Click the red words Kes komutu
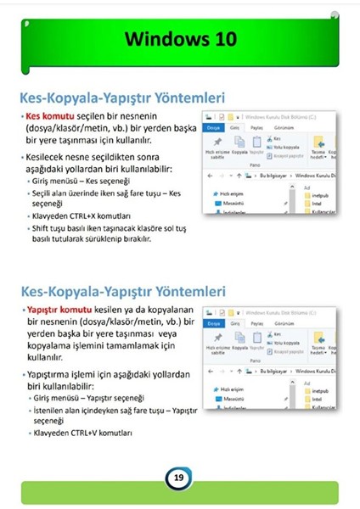coord(46,115)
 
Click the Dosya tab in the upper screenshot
coord(213,128)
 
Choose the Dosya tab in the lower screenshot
coord(213,323)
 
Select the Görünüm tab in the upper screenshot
coord(281,128)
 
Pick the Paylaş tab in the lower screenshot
coord(255,323)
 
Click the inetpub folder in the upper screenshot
coord(319,194)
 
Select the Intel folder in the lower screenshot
coord(317,396)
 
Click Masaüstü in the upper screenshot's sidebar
coord(234,204)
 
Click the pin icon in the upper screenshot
coord(217,143)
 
